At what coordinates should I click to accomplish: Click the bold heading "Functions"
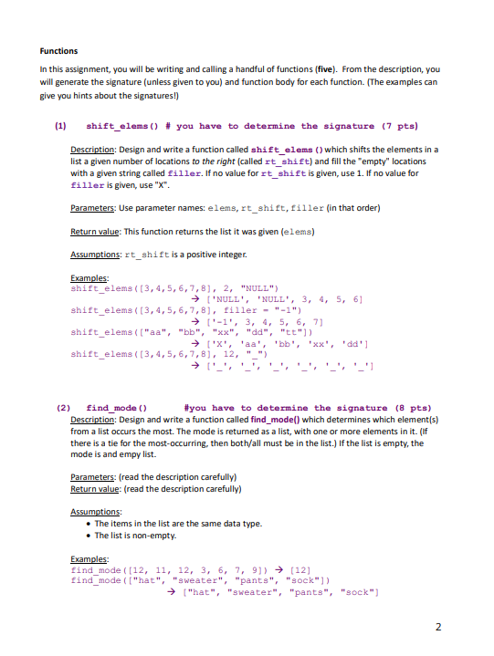[59, 51]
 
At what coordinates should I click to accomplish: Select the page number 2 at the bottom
[437, 628]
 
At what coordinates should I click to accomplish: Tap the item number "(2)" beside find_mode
[64, 408]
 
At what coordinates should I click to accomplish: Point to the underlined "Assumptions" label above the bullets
[94, 513]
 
